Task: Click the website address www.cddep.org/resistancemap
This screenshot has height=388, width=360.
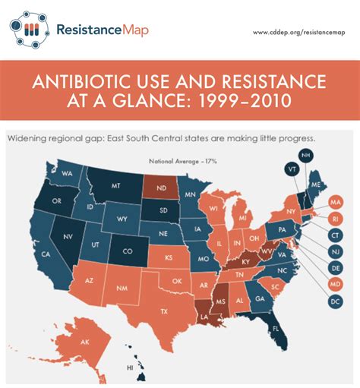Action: click(x=298, y=32)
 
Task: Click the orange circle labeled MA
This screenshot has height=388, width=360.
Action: click(x=335, y=203)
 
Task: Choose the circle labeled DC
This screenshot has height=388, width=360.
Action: click(x=335, y=301)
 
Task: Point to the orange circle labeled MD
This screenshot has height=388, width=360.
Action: click(x=335, y=285)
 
